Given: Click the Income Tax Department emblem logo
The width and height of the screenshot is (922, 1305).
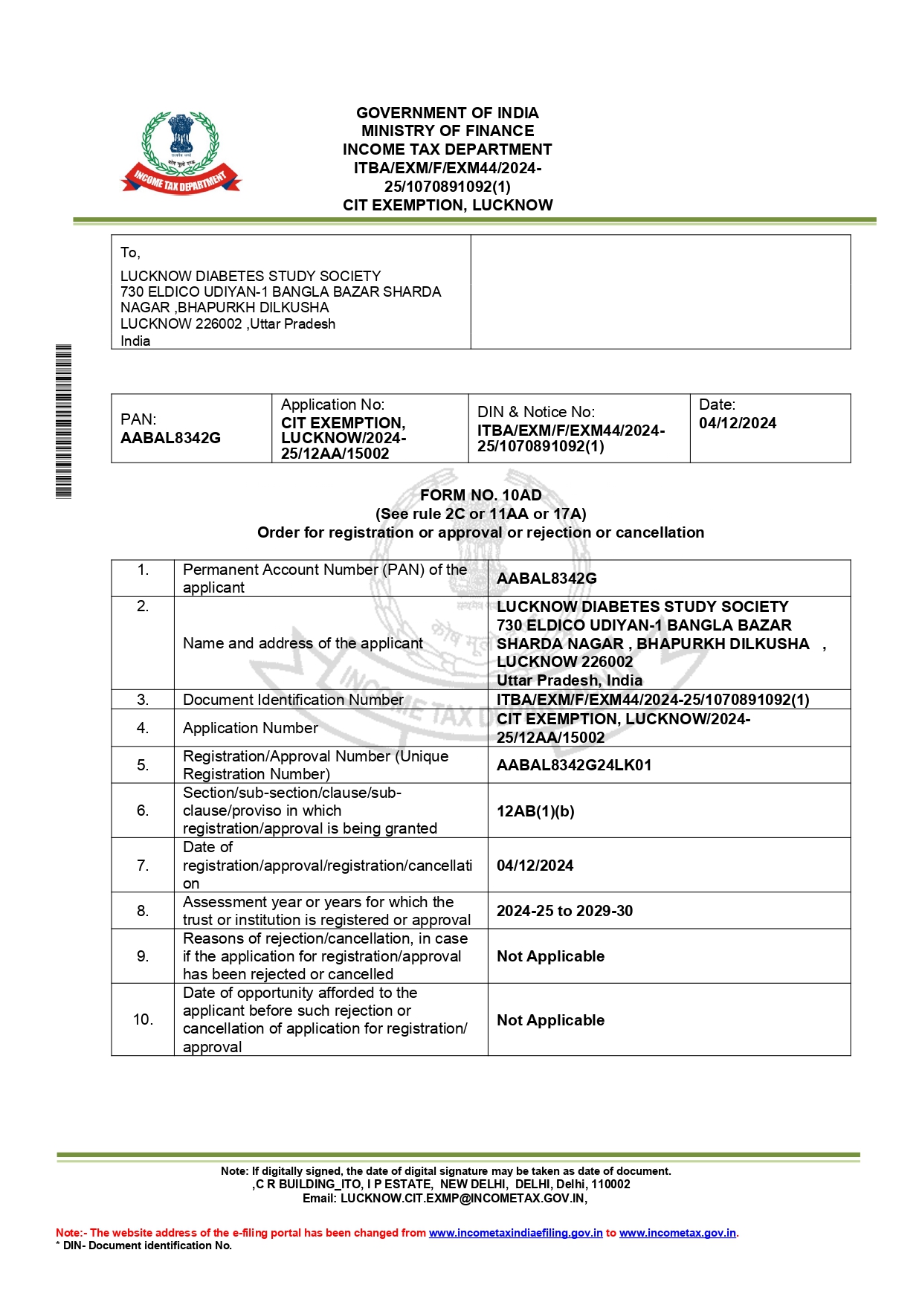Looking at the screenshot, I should pyautogui.click(x=181, y=152).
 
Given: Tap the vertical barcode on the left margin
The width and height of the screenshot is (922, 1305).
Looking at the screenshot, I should pyautogui.click(x=64, y=421).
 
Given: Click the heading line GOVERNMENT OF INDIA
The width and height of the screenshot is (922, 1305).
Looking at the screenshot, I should pyautogui.click(x=447, y=113).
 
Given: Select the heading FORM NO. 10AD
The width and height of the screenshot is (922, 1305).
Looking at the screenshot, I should pyautogui.click(x=480, y=495).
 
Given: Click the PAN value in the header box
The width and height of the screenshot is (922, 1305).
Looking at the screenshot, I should pyautogui.click(x=170, y=438).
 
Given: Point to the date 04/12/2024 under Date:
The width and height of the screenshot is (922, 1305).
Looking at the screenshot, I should pyautogui.click(x=737, y=423).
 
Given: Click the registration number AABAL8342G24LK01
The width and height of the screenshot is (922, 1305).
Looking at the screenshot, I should pyautogui.click(x=574, y=765).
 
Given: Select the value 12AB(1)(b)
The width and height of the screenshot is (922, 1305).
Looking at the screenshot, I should pyautogui.click(x=535, y=811).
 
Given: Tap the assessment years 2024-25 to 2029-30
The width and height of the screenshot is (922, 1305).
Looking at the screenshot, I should pyautogui.click(x=564, y=911).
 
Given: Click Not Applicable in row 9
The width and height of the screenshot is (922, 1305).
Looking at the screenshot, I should pyautogui.click(x=550, y=956).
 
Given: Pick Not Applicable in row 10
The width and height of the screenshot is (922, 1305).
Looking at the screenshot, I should pyautogui.click(x=550, y=1020).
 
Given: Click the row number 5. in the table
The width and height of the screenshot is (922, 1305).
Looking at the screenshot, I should pyautogui.click(x=143, y=765).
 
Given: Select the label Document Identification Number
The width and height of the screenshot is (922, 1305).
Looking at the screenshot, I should pyautogui.click(x=293, y=700).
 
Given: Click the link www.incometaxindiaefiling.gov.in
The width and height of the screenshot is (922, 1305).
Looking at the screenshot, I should pyautogui.click(x=515, y=1233).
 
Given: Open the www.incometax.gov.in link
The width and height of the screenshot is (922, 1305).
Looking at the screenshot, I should pyautogui.click(x=677, y=1233).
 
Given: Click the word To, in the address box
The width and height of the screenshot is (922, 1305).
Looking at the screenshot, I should pyautogui.click(x=130, y=253).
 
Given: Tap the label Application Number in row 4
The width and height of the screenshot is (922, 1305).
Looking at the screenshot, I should pyautogui.click(x=251, y=728).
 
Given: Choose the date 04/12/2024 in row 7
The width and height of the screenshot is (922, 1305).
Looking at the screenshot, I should pyautogui.click(x=535, y=866).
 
